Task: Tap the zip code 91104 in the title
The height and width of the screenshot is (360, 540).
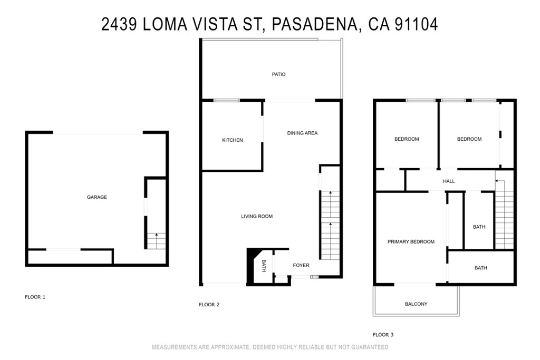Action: pyautogui.click(x=417, y=24)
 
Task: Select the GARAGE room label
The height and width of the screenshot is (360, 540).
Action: pyautogui.click(x=97, y=197)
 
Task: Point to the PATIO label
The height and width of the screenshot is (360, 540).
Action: pyautogui.click(x=278, y=74)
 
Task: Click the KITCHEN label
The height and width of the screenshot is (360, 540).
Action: pyautogui.click(x=232, y=140)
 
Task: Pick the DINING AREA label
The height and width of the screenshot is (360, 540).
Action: pyautogui.click(x=302, y=133)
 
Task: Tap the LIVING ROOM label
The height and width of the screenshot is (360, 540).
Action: pyautogui.click(x=257, y=217)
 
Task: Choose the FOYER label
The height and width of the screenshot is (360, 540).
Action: pyautogui.click(x=301, y=265)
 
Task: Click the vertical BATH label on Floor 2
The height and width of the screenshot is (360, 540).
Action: pyautogui.click(x=264, y=267)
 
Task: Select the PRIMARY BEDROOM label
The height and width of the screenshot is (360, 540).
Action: pyautogui.click(x=411, y=242)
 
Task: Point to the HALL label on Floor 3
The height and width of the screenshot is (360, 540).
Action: pyautogui.click(x=449, y=181)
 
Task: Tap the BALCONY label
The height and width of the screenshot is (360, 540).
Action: pyautogui.click(x=416, y=304)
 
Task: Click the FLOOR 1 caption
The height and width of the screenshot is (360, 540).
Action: pyautogui.click(x=35, y=297)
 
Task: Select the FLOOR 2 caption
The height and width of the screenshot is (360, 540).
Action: pyautogui.click(x=209, y=305)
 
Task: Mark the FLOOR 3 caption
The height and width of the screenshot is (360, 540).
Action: pyautogui.click(x=383, y=335)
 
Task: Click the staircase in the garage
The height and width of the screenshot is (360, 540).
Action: pyautogui.click(x=156, y=241)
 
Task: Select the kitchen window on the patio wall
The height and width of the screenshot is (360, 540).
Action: pyautogui.click(x=226, y=100)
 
